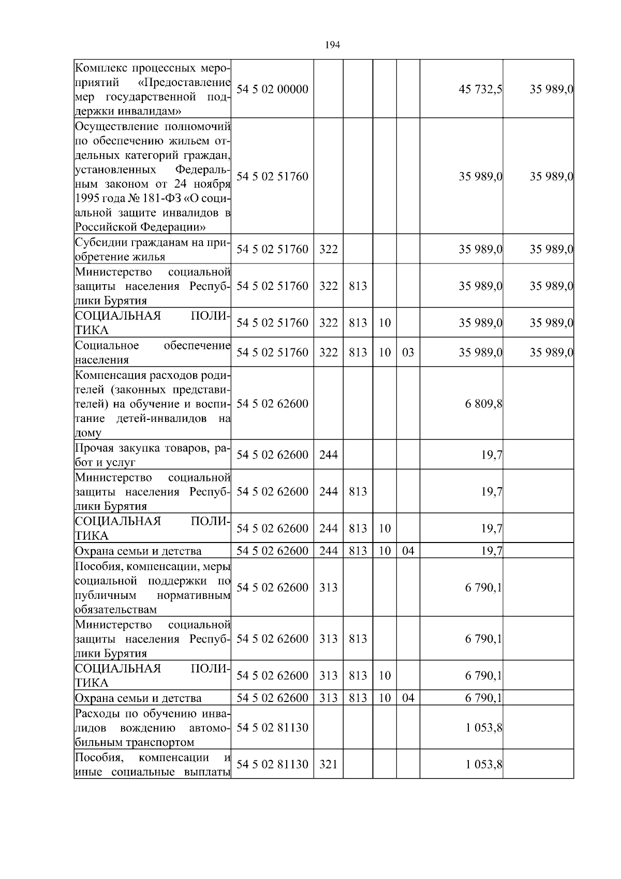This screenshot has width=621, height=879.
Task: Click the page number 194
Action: point(332,45)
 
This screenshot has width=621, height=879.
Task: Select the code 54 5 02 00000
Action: point(272,89)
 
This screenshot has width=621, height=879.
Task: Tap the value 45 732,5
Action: point(480,89)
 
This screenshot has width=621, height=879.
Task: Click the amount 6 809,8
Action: point(483,404)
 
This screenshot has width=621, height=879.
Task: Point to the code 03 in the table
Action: point(408,353)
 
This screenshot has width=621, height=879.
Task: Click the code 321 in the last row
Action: point(328,764)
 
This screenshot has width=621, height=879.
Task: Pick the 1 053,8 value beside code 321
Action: point(483,764)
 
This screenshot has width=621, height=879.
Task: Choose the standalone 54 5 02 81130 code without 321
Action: point(272,727)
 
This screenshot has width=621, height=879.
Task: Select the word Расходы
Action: point(96,713)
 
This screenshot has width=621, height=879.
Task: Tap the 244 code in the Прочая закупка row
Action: point(328,455)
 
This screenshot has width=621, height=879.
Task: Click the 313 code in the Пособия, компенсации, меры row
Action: point(328,588)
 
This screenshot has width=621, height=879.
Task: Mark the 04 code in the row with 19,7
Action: point(408,551)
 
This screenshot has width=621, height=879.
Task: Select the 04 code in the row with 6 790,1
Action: point(408,698)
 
